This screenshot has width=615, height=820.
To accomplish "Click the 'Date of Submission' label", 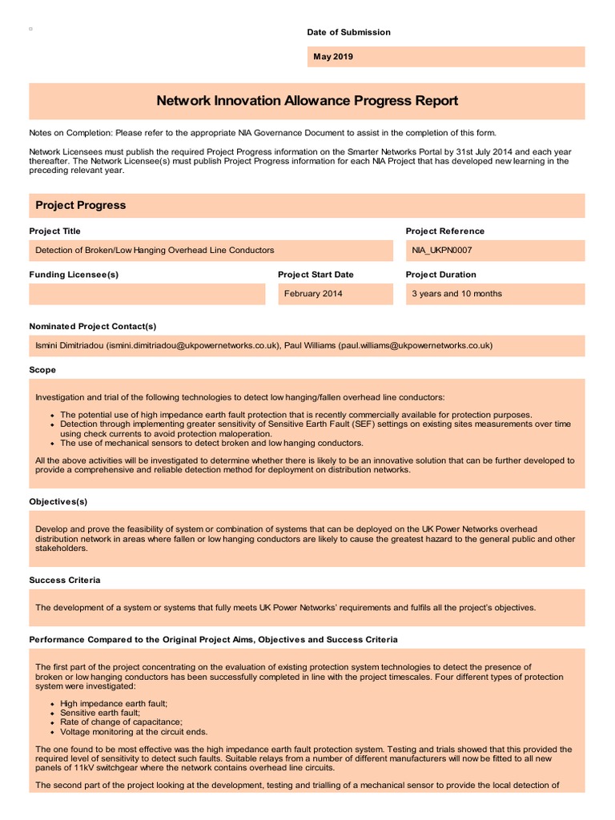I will tap(348, 32).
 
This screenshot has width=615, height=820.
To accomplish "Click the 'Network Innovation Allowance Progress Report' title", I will tap(307, 101).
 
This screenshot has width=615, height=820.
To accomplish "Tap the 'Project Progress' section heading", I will tap(80, 205).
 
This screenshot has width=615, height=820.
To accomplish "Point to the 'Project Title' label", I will tap(54, 231).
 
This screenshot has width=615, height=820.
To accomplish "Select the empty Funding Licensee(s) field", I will tap(147, 294).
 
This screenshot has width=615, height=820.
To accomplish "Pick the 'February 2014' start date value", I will tap(313, 294).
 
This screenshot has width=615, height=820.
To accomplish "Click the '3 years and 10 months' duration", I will tap(456, 294).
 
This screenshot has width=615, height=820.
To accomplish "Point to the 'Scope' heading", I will tap(42, 370).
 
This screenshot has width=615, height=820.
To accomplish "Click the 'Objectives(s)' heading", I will tap(58, 501).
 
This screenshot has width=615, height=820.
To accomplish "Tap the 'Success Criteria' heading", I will tap(65, 580).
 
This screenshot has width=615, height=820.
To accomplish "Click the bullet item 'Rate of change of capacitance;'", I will tap(121, 722).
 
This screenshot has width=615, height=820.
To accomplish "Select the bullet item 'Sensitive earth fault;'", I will tap(100, 713).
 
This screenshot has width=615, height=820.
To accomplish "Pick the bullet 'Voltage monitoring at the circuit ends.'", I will tap(134, 731).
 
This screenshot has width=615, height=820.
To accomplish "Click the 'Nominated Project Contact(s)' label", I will tap(92, 326).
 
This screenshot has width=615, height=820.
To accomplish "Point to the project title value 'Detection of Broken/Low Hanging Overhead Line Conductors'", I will tap(155, 250).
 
